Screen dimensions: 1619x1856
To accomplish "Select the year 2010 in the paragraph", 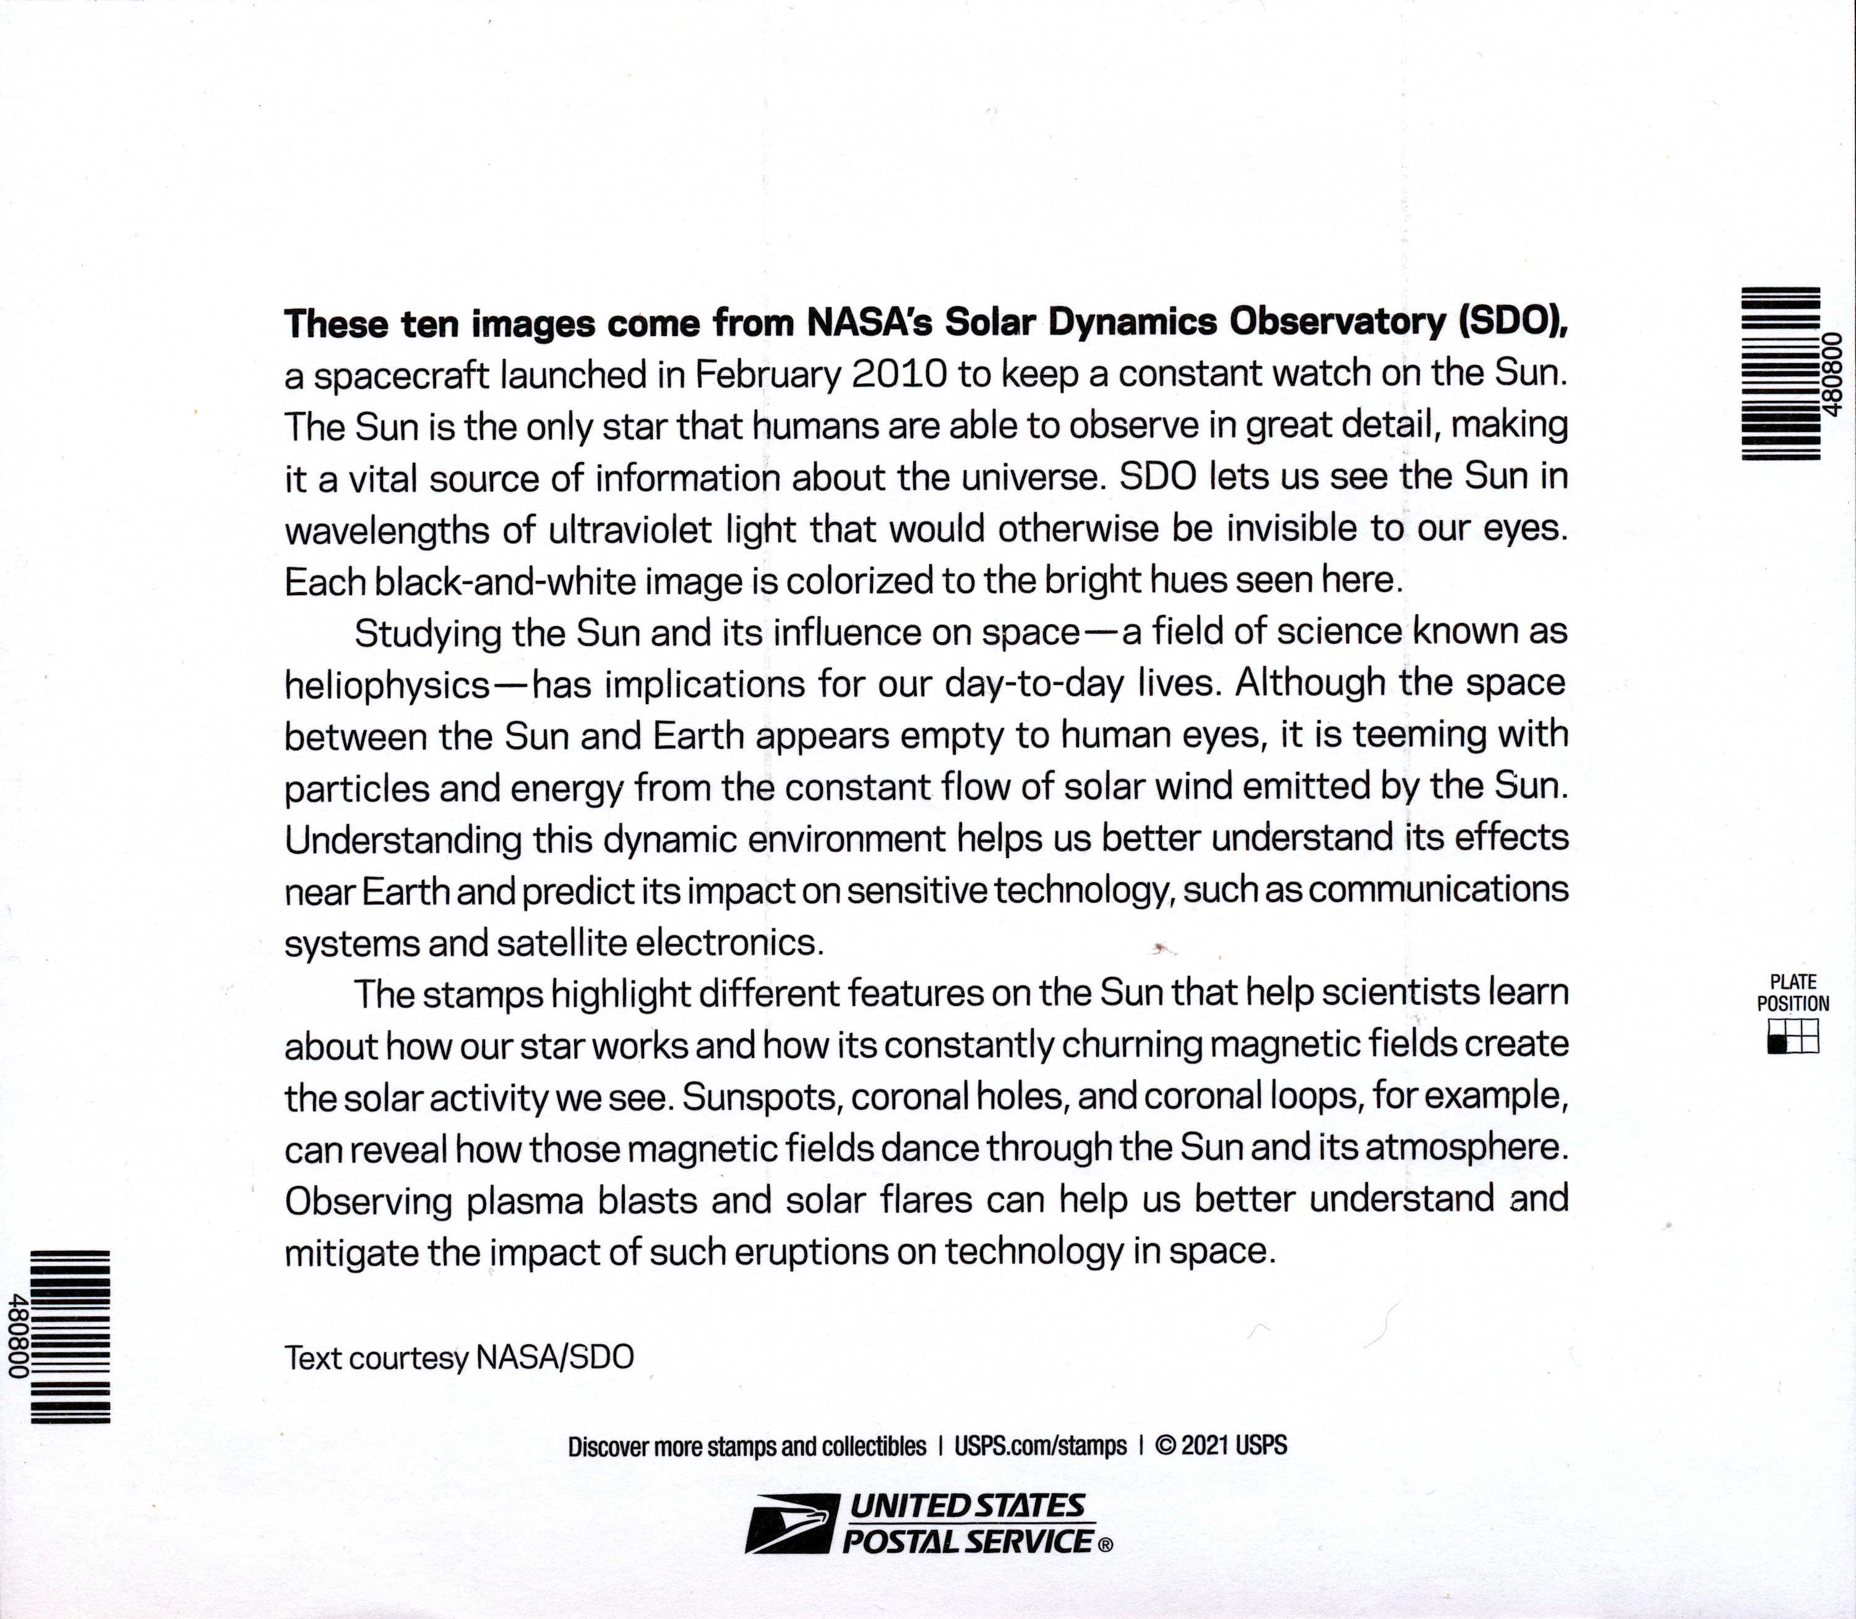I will click(x=899, y=374).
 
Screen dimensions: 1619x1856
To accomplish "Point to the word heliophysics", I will click(x=387, y=685).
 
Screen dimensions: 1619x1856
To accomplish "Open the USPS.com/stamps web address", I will click(x=1040, y=1446).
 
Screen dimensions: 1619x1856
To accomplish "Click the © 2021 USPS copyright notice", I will click(x=1221, y=1446).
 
